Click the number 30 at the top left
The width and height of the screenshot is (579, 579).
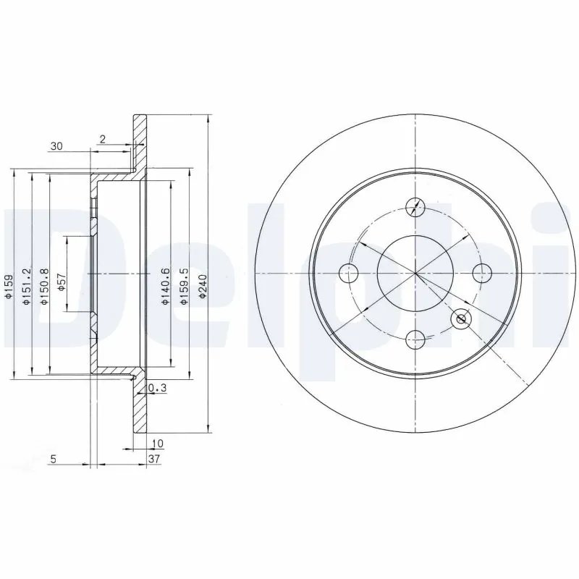pyautogui.click(x=56, y=146)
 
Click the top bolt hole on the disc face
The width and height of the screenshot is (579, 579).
pyautogui.click(x=415, y=207)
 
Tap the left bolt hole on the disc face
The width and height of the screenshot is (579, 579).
pyautogui.click(x=349, y=273)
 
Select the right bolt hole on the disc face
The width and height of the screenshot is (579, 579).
pyautogui.click(x=481, y=273)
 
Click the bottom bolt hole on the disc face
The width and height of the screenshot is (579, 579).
pyautogui.click(x=415, y=338)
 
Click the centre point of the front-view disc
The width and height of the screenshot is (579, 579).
pyautogui.click(x=415, y=273)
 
